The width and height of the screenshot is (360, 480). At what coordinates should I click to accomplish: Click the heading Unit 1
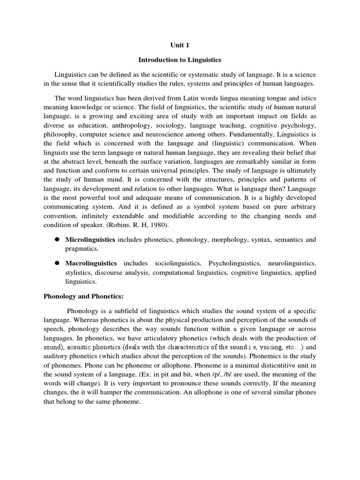180,45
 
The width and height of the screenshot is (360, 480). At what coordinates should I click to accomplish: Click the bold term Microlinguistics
90,240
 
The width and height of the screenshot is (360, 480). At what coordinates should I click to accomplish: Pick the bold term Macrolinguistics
90,263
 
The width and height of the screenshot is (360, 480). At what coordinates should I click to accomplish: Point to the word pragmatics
82,249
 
